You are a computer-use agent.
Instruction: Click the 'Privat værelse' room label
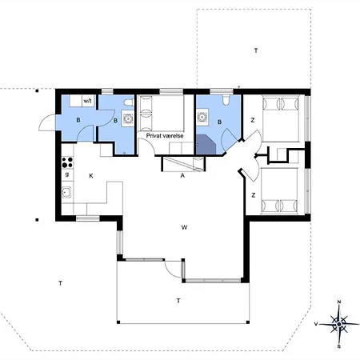tap(165, 136)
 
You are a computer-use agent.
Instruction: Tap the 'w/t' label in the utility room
tap(87, 101)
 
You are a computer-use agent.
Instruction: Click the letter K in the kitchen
tap(91, 176)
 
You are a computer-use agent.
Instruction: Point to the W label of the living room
tap(184, 227)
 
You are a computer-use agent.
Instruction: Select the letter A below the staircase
tap(182, 175)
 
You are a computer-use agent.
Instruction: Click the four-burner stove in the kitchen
tap(67, 162)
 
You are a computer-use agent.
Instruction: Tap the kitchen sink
tap(66, 192)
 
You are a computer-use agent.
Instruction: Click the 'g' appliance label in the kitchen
tap(67, 174)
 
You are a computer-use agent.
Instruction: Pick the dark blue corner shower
tap(206, 144)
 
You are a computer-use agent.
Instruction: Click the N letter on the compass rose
tap(339, 302)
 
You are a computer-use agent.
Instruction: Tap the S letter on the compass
tap(339, 346)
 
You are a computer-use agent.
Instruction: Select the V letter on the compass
tap(316, 324)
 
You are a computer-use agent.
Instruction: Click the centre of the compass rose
tap(339, 324)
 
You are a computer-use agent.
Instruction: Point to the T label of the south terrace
tap(178, 301)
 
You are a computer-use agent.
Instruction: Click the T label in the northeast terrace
tap(256, 50)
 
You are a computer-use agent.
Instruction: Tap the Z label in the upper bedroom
tap(253, 120)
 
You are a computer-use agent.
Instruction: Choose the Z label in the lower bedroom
tap(254, 195)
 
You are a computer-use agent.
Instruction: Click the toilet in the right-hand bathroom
tap(226, 99)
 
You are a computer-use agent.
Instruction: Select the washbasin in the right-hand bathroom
tap(202, 117)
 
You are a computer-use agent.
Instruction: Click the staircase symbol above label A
tap(183, 164)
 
